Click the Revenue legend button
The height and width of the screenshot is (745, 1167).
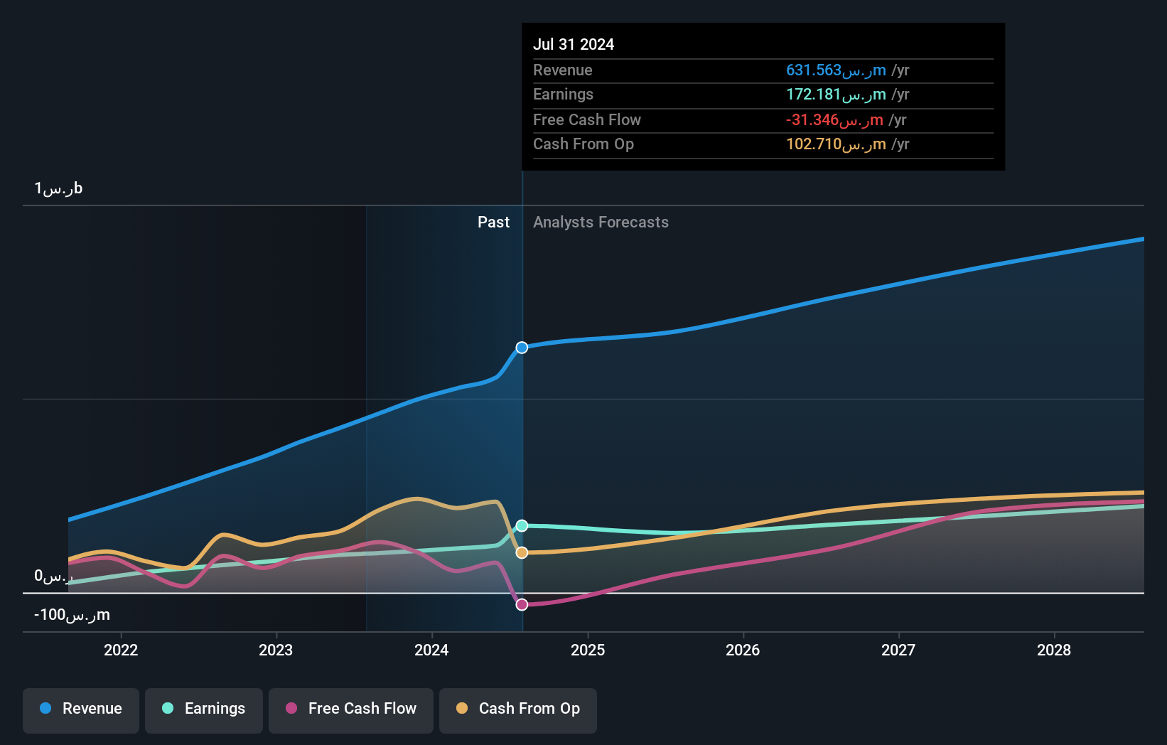[x=81, y=709]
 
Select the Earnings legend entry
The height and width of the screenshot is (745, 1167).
[x=204, y=709]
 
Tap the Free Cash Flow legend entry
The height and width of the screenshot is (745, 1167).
[x=351, y=709]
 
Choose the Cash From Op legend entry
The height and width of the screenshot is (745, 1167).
[x=518, y=709]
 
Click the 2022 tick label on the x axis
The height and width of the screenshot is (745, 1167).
[x=121, y=650]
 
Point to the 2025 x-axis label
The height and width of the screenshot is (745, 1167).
[x=588, y=650]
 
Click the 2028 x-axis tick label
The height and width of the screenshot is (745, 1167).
[x=1054, y=650]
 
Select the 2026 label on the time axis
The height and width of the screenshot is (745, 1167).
[x=743, y=650]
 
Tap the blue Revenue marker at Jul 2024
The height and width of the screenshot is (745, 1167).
[x=522, y=348]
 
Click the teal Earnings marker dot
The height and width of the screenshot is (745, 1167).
[x=522, y=526]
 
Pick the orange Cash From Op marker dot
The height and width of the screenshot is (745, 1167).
[x=522, y=552]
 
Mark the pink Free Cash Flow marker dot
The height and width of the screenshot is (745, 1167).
[x=522, y=604]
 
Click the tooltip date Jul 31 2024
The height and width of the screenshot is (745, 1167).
[x=574, y=44]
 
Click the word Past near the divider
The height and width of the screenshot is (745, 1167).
[x=493, y=223]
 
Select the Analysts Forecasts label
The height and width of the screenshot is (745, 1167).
[x=601, y=223]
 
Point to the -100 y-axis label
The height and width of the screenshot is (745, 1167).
[x=72, y=615]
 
